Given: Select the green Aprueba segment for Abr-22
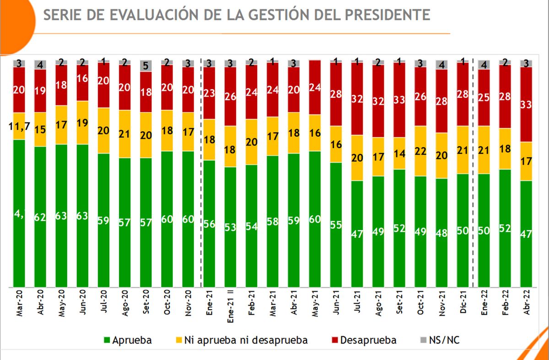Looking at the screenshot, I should [526, 233].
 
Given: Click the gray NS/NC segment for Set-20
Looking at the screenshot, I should [146, 66].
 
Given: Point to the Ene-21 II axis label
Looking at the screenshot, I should [230, 306].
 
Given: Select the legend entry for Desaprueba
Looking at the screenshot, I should [361, 340].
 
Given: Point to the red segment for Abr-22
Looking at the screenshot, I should [526, 104].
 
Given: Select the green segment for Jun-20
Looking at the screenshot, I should [82, 215].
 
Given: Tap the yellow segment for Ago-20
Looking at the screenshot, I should [125, 134].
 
